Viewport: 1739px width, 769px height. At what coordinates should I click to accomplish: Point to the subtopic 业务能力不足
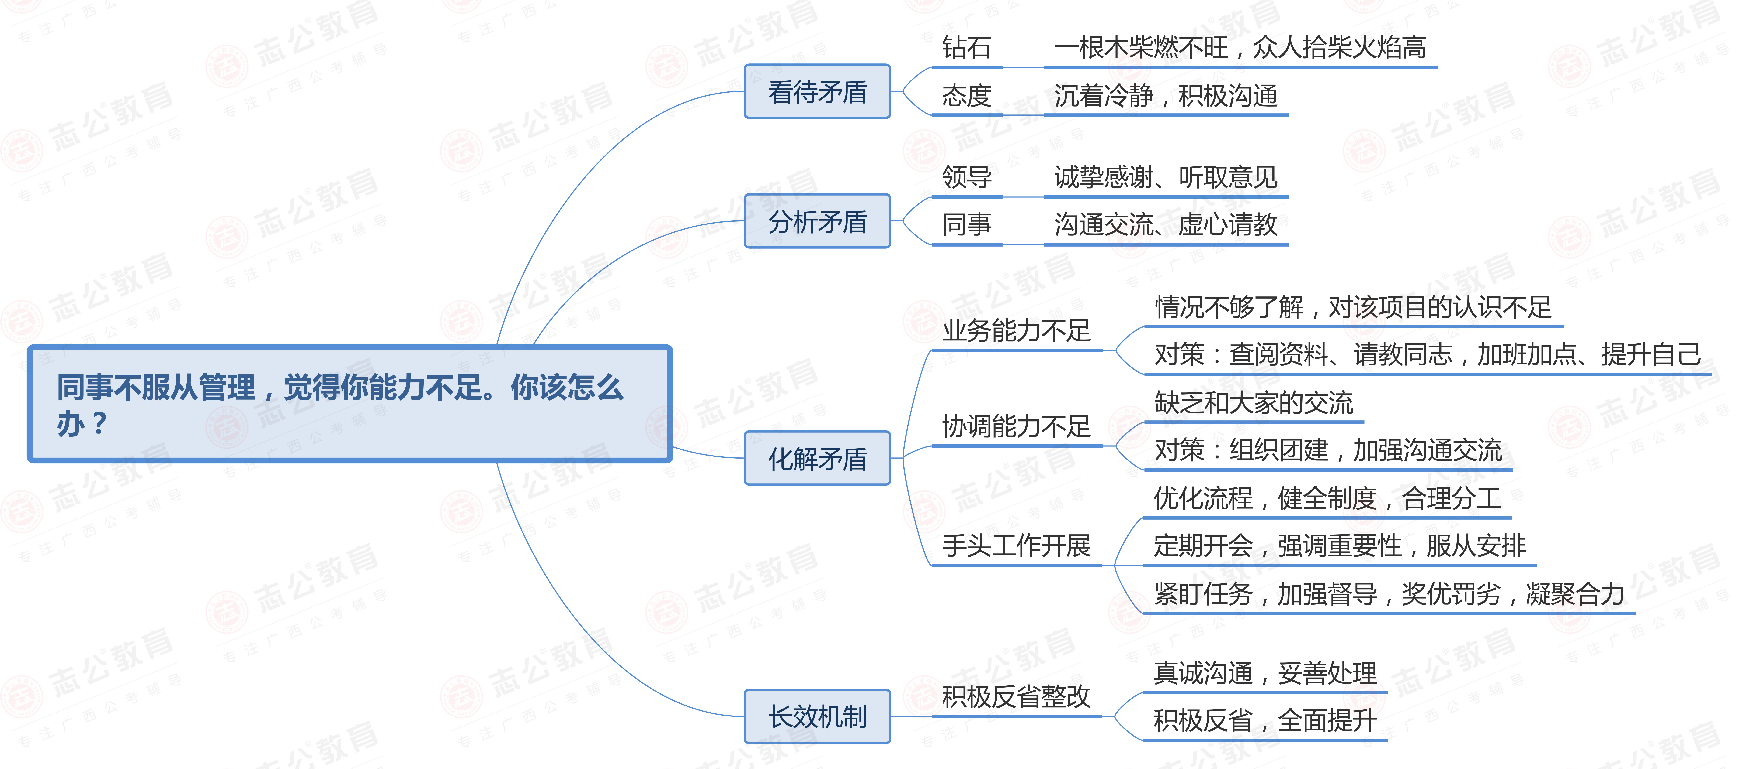(1016, 330)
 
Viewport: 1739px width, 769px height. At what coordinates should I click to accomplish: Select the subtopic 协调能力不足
(1016, 426)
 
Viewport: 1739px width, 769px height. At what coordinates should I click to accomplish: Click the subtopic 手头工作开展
(1016, 545)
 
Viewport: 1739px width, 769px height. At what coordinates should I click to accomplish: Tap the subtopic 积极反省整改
(1016, 696)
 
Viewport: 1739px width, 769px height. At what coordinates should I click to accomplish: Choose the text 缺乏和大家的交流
(1254, 403)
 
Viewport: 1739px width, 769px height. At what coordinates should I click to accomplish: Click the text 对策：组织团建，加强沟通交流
(1328, 450)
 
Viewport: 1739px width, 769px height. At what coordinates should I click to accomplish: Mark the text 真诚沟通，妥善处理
(1264, 672)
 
